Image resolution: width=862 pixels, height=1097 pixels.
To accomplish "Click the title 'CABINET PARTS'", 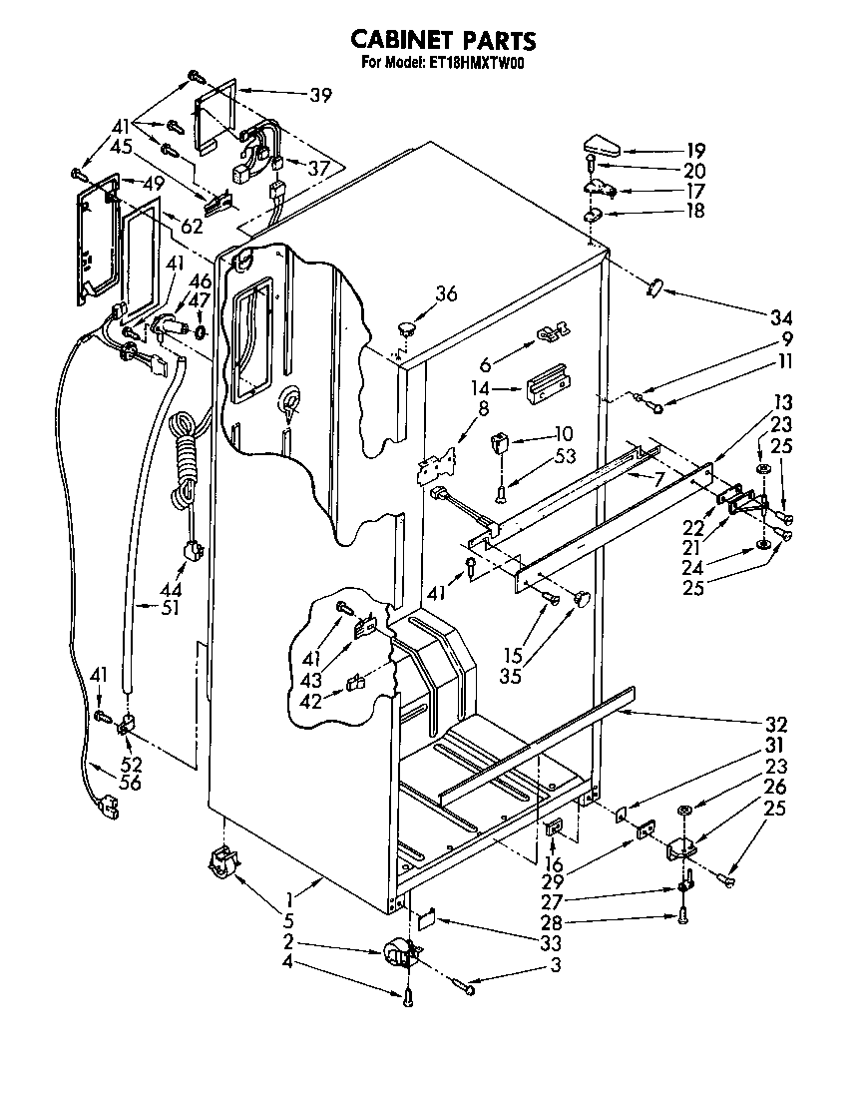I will click(443, 40).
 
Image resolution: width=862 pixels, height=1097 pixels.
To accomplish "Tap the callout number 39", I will click(320, 96).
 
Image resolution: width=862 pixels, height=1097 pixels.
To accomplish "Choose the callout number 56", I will click(130, 784).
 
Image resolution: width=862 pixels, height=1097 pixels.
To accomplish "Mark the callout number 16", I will click(554, 864).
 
